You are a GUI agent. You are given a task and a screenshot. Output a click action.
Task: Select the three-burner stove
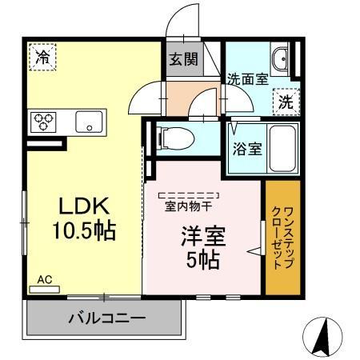tap(42, 122)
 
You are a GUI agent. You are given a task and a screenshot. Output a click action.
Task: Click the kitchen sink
tap(87, 122)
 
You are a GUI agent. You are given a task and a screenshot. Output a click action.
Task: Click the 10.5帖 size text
tap(84, 231)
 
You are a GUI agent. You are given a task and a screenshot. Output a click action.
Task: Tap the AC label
tap(44, 279)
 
